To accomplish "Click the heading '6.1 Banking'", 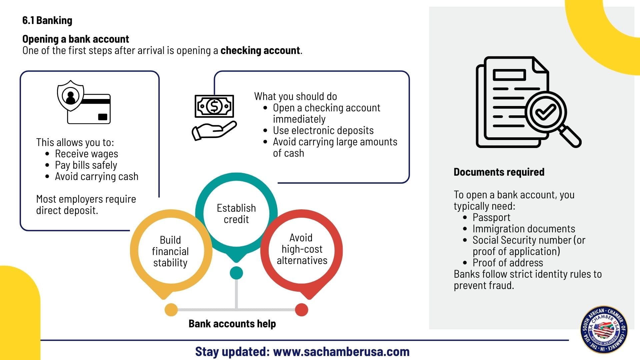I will tap(47, 21).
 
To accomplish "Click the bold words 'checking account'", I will tap(260, 51).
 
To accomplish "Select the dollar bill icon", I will tap(214, 106).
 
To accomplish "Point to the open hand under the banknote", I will tap(213, 131).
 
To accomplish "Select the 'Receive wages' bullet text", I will tap(86, 154).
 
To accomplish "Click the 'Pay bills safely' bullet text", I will tap(86, 165).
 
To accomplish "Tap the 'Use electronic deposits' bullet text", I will tap(323, 131).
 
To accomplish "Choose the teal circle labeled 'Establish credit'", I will tap(236, 214).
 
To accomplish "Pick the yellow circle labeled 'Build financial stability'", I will tap(170, 251).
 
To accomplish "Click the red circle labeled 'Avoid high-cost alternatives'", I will tap(302, 249).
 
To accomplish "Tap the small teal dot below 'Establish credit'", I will tap(236, 273).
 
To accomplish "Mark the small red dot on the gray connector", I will tap(301, 310).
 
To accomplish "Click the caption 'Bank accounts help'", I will tap(232, 324).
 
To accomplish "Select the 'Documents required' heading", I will tap(499, 172).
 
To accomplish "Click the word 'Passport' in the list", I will tap(491, 218).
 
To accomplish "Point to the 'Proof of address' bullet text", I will tap(508, 263).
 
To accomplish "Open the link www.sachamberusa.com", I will tap(341, 352).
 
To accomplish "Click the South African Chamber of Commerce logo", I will tap(604, 329).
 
